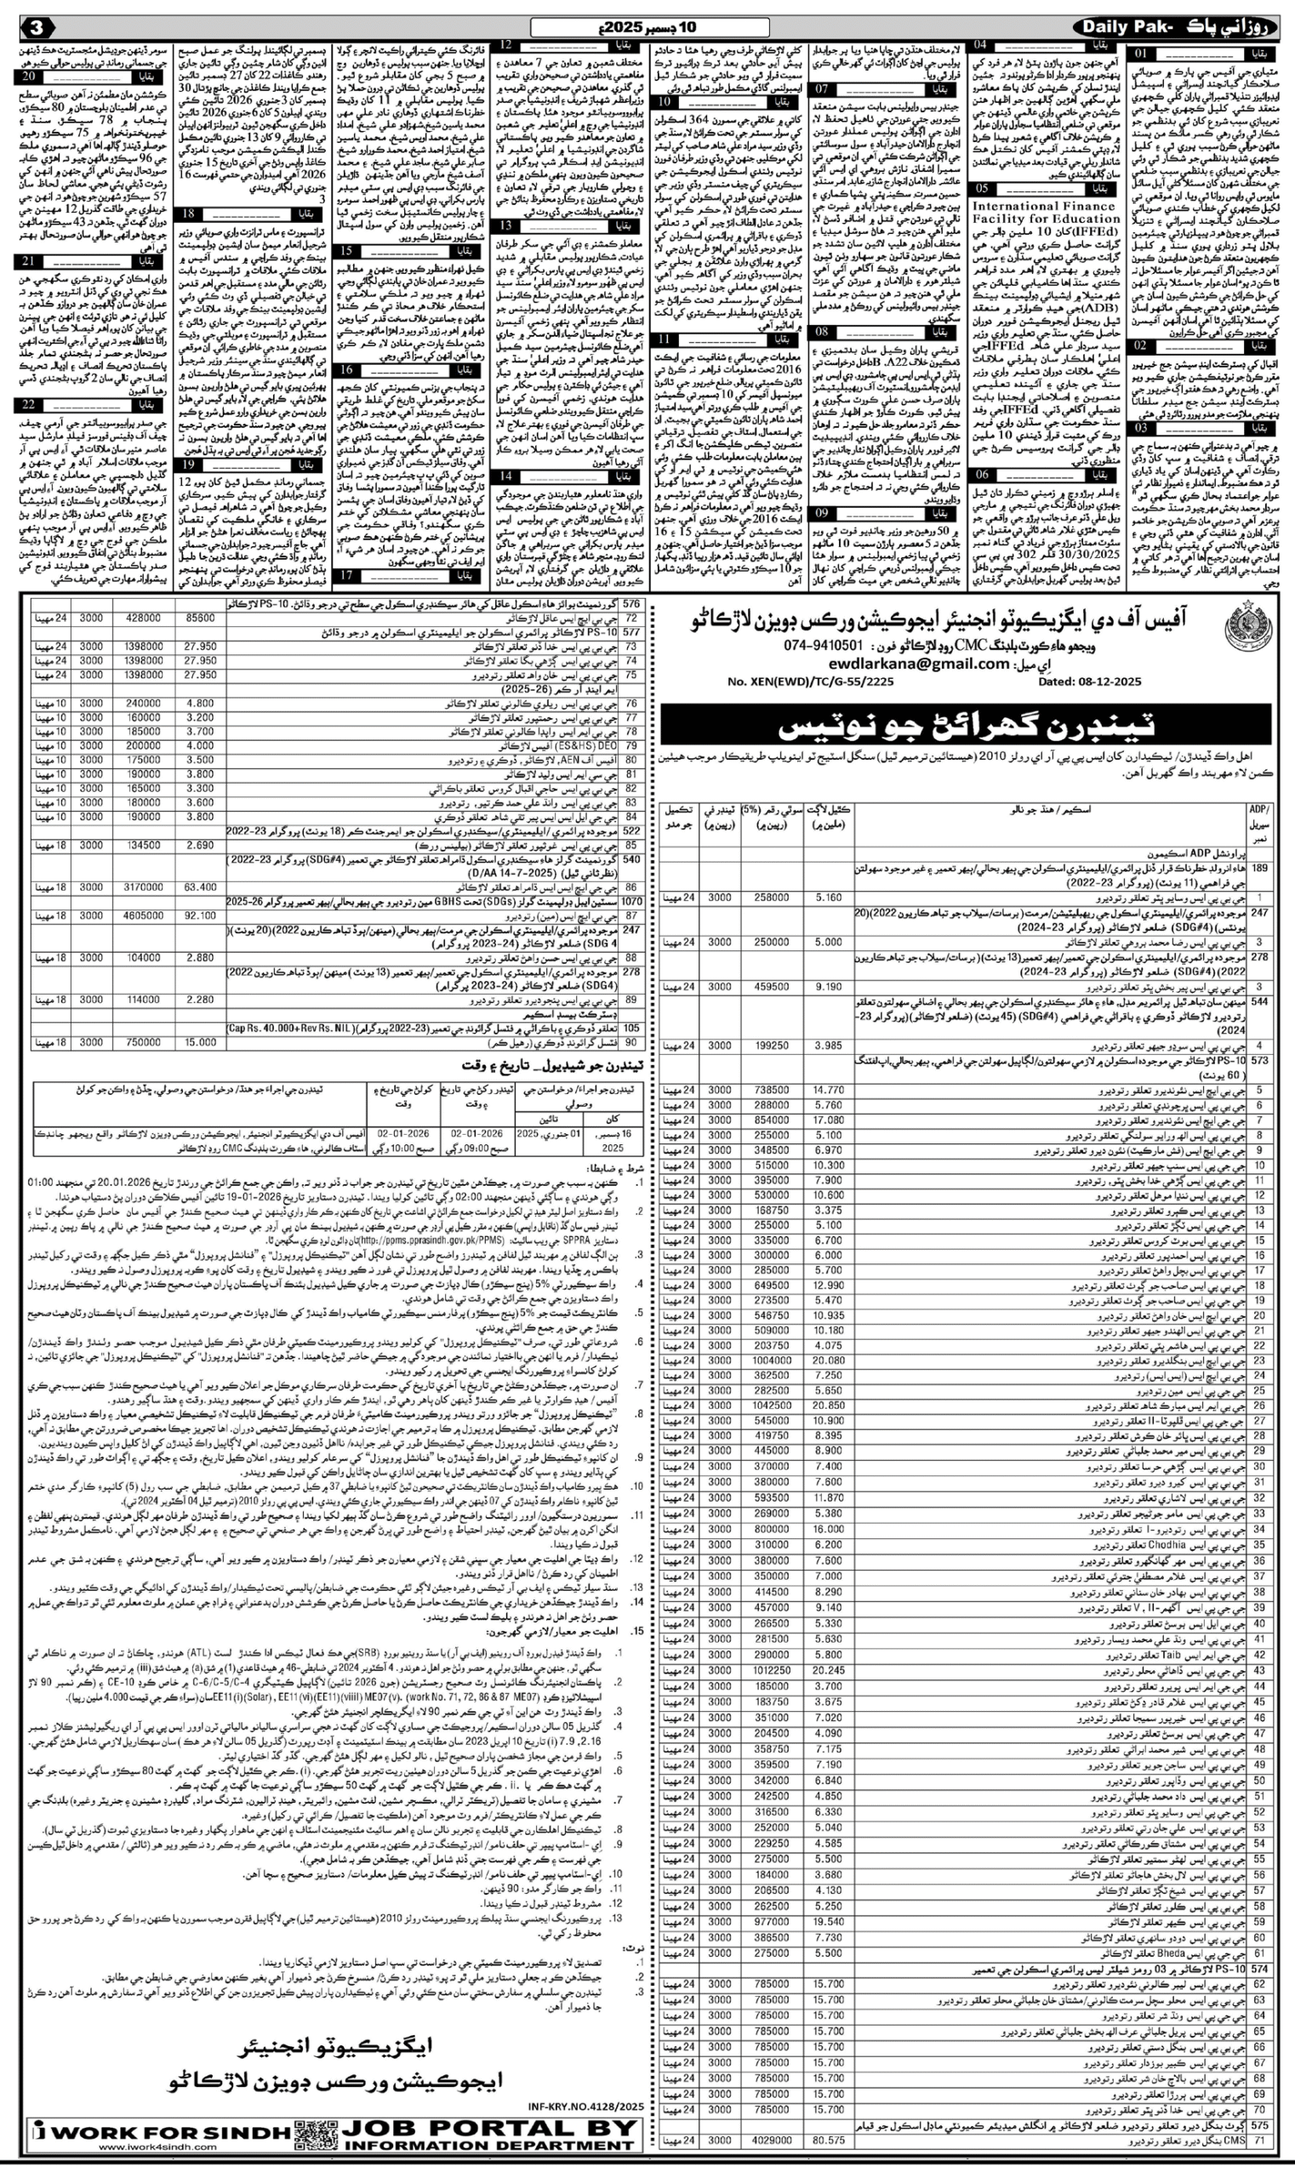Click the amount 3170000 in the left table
tap(144, 887)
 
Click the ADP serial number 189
tap(1259, 869)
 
